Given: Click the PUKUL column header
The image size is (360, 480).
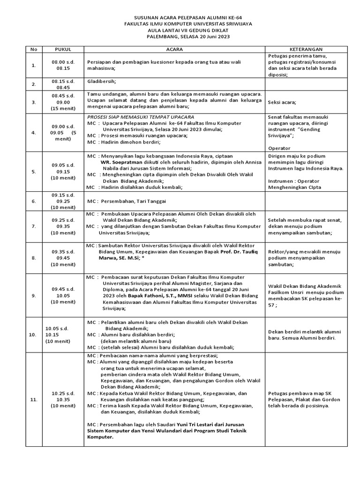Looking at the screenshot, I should [63, 49].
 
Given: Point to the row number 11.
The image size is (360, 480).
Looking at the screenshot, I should [33, 399].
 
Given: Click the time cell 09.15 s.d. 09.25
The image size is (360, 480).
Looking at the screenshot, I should [63, 201].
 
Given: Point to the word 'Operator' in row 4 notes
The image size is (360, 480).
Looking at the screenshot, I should [279, 148].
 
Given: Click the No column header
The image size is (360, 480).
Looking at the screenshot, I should [33, 49].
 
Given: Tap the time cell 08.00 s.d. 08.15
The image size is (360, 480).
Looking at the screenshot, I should [63, 65].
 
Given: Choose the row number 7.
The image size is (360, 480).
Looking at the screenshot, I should [33, 226].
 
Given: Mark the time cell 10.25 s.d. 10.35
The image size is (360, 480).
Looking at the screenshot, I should [63, 399].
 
